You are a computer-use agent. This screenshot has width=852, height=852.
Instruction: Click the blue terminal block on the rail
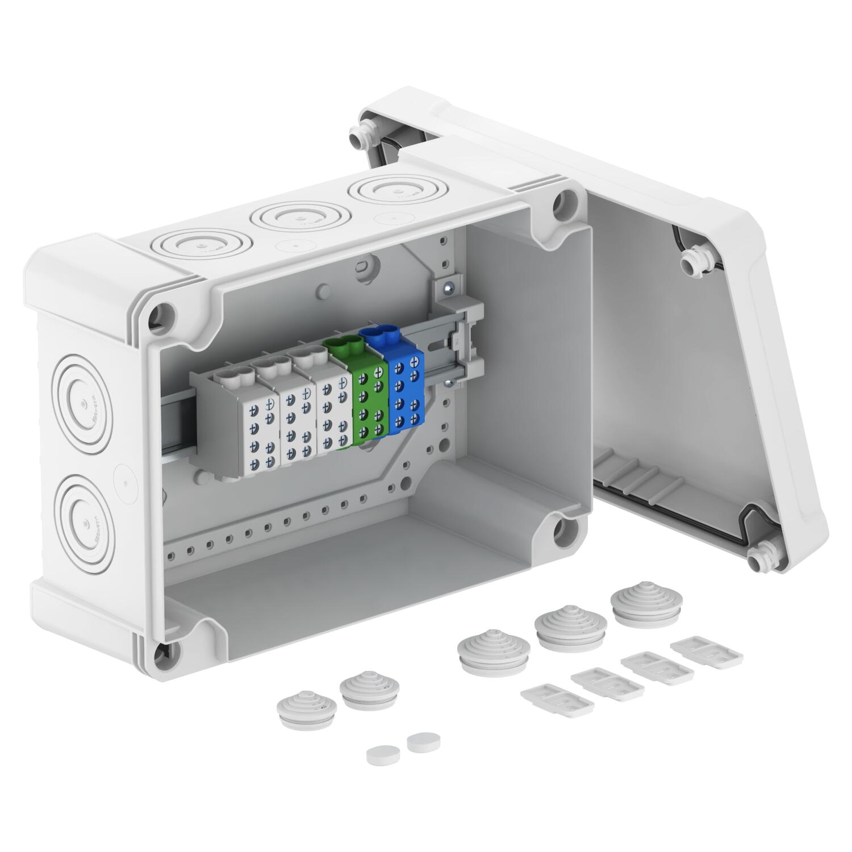point(404,392)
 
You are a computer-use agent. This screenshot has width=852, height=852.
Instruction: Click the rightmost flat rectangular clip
point(707,656)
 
